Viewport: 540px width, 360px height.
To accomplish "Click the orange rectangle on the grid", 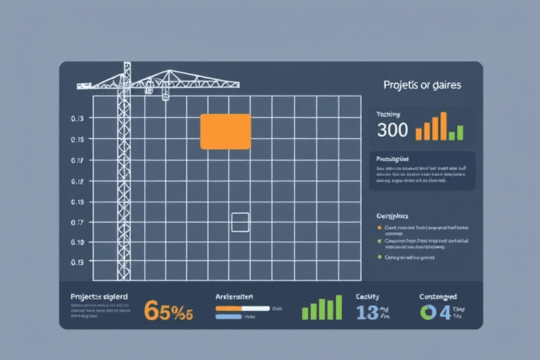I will [225, 131].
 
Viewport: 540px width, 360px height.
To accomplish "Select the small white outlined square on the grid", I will [240, 222].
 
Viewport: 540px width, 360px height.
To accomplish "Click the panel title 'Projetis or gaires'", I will [422, 85].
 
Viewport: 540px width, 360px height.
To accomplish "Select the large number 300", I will [392, 130].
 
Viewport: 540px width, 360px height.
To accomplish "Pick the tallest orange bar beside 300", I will [444, 126].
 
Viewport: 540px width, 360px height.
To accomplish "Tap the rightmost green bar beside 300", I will [460, 132].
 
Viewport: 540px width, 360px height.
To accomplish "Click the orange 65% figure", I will [168, 310].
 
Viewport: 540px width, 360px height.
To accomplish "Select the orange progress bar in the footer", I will [242, 308].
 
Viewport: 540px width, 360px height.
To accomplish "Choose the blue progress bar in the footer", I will [229, 317].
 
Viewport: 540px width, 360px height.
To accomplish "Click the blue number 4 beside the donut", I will [444, 312].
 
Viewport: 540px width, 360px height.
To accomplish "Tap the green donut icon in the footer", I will [427, 313].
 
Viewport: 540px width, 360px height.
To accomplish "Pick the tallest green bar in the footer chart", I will [338, 307].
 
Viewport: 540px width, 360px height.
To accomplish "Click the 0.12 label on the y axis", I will [77, 181].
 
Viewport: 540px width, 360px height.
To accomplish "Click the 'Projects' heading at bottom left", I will [98, 297].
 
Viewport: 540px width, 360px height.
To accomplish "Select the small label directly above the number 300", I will [388, 114].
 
